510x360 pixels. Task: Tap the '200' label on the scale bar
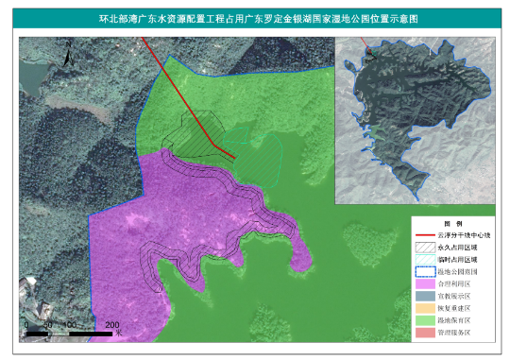[x=110, y=325]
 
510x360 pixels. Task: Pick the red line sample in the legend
[x=422, y=234]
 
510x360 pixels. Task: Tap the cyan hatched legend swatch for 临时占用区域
[x=422, y=259]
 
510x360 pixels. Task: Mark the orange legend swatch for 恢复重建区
[x=422, y=308]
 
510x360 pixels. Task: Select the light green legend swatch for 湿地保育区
[x=422, y=320]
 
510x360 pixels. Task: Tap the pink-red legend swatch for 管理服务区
[x=422, y=333]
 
